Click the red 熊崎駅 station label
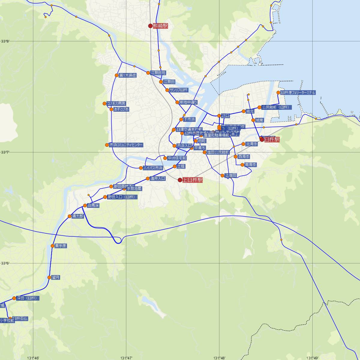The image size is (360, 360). [x=160, y=26]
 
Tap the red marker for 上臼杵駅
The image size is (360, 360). [x=180, y=180]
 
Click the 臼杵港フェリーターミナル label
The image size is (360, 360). [x=298, y=93]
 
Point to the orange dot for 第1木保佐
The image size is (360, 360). [x=116, y=75]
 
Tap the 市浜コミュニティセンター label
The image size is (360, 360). [x=126, y=145]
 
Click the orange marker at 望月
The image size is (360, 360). [x=49, y=277]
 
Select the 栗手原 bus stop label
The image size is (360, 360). [x=61, y=246]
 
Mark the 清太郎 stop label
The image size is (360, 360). [x=77, y=216]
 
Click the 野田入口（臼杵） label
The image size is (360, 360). [x=122, y=197]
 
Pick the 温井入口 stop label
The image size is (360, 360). [x=158, y=178]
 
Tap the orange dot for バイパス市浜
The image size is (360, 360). [x=141, y=168]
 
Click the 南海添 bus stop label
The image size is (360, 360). [x=250, y=165]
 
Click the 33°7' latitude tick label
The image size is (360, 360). [x=5, y=152]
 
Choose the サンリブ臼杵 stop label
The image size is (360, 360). [x=178, y=90]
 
